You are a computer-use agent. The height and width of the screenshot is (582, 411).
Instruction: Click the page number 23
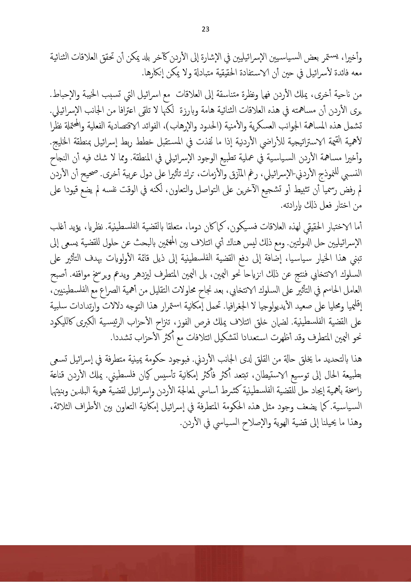point(205,29)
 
